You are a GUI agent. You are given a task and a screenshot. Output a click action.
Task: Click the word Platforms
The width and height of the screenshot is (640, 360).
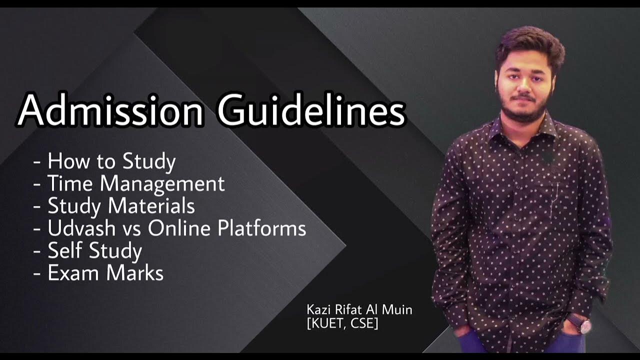(x=262, y=228)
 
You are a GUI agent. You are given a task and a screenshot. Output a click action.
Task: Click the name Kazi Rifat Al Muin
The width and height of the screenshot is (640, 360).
(x=359, y=310)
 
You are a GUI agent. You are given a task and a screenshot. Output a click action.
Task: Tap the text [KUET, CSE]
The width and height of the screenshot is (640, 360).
(x=342, y=323)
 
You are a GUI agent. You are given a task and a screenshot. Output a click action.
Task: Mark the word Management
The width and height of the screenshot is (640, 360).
(x=162, y=184)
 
